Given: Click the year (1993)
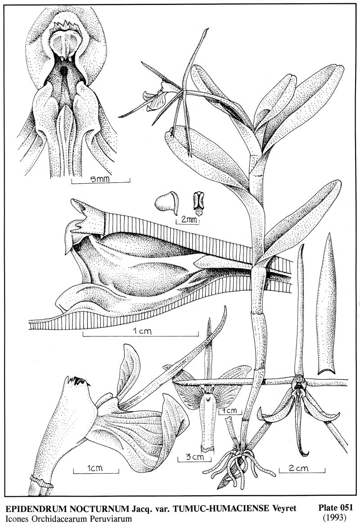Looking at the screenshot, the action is point(335,517).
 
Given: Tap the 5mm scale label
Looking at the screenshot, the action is point(100,180).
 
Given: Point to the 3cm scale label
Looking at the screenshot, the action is point(193,457).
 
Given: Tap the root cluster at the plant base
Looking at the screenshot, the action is point(239,465).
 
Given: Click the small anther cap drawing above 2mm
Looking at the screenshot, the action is point(167,203).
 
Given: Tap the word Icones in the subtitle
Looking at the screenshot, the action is point(18,519).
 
